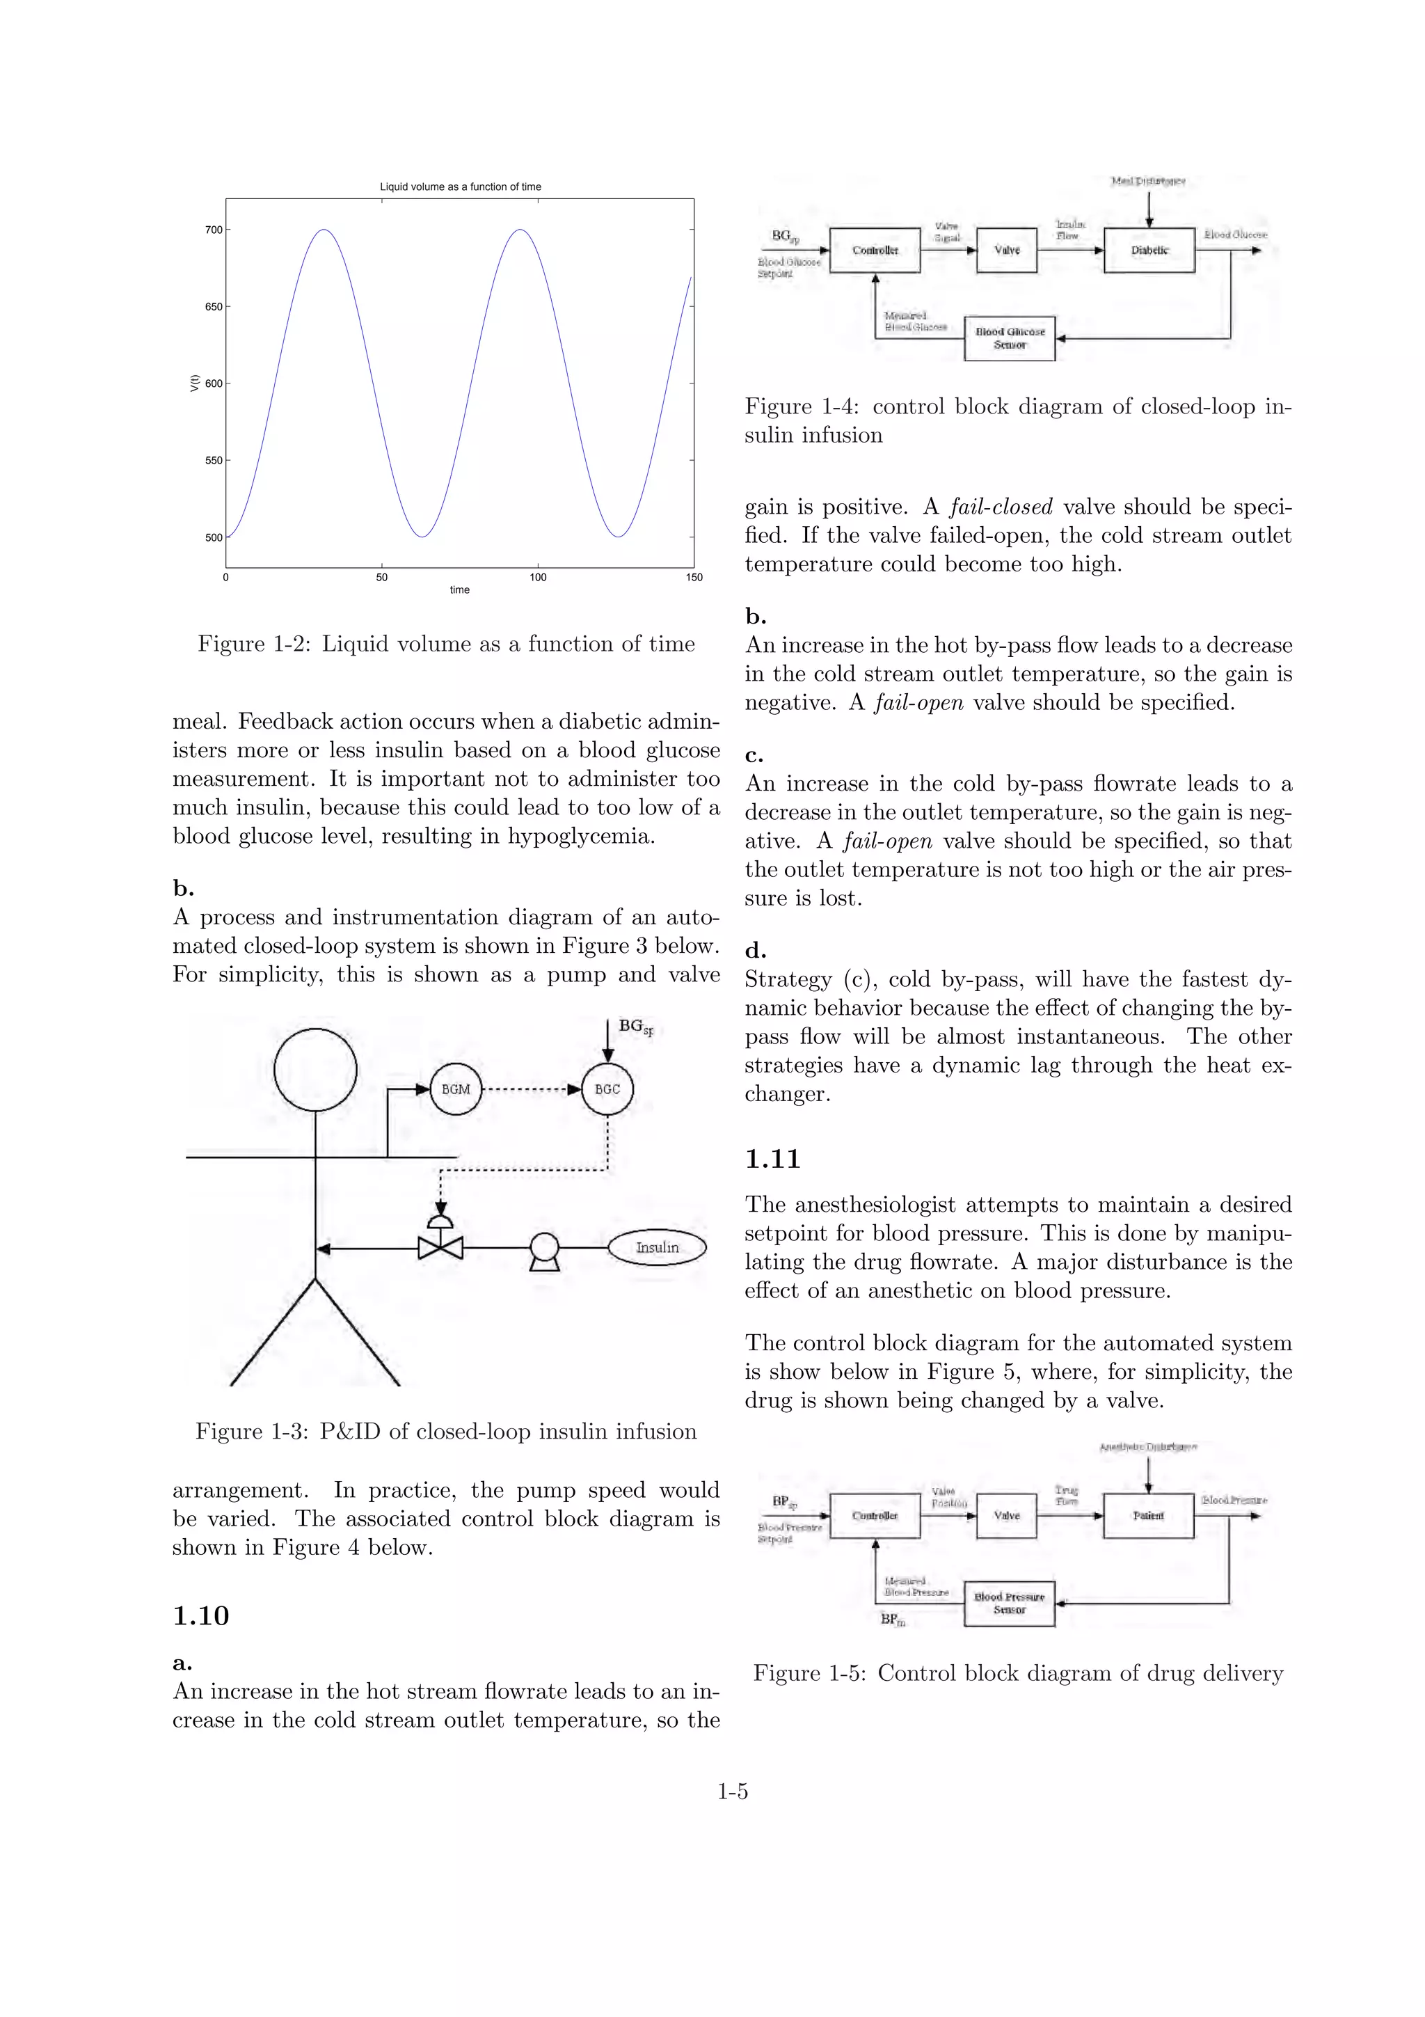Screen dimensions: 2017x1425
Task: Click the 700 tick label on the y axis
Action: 214,230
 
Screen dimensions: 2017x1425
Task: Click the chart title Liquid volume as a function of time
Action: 460,187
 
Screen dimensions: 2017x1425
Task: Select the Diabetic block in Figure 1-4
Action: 1149,251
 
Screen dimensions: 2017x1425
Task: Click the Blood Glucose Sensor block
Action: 1009,338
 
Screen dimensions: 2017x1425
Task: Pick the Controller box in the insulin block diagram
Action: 875,251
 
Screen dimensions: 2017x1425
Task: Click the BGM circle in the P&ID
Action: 456,1089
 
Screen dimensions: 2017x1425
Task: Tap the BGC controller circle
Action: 607,1089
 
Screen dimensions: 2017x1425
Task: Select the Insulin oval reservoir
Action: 657,1247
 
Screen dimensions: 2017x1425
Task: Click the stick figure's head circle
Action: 315,1070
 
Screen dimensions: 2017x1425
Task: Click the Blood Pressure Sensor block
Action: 1009,1604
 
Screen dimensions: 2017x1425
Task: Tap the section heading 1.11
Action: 772,1160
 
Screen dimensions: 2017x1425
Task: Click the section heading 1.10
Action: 200,1616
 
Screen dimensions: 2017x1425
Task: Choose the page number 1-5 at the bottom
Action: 732,1792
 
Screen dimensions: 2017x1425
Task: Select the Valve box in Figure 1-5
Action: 1006,1515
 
